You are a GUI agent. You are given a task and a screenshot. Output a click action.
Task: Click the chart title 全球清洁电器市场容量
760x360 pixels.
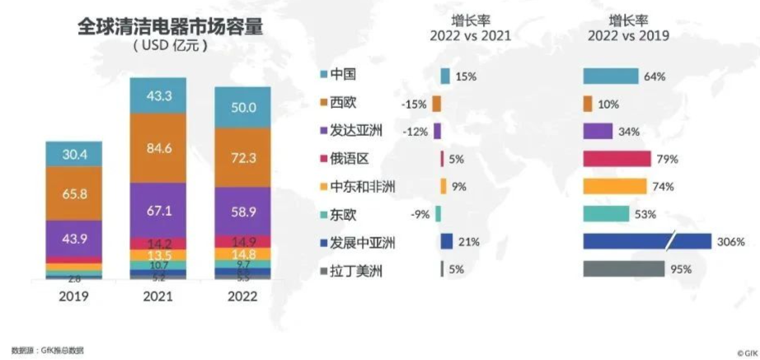tap(170, 26)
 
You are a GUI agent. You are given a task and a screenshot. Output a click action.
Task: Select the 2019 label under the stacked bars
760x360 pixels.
tap(73, 297)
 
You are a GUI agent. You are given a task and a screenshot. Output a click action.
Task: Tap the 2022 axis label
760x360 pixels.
tap(242, 297)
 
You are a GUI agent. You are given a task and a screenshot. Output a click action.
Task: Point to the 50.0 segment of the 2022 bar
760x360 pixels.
tap(243, 108)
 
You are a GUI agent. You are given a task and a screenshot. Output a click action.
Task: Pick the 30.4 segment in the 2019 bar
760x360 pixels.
tap(73, 154)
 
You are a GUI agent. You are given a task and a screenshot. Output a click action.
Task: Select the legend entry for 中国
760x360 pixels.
tap(341, 76)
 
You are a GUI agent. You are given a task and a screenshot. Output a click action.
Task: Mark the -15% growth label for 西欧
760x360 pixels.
tap(413, 105)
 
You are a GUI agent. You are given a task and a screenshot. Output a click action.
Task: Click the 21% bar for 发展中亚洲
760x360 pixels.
tap(447, 241)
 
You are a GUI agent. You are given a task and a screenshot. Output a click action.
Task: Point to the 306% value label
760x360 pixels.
tap(730, 241)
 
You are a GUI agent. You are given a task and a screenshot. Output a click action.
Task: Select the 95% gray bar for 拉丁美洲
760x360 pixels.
tap(623, 269)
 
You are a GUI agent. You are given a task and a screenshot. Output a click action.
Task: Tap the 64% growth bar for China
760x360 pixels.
tap(611, 76)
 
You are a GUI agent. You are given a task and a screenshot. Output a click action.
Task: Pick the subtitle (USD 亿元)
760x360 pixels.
tap(170, 47)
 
